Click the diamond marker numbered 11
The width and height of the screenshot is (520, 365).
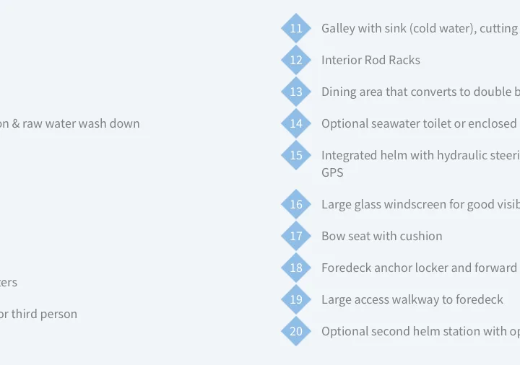click(x=296, y=28)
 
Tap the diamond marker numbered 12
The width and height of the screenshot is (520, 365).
click(x=296, y=60)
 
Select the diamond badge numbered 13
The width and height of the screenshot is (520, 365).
click(x=296, y=92)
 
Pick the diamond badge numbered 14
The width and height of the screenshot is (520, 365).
click(x=296, y=123)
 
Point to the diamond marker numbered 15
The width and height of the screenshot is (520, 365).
click(x=296, y=155)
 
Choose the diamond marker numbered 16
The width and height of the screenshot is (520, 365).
click(x=296, y=204)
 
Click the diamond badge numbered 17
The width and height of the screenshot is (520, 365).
click(x=296, y=236)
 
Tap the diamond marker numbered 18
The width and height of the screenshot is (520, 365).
click(x=296, y=268)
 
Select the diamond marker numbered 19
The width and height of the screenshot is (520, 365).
click(x=296, y=299)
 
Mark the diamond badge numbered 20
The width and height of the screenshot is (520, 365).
click(x=296, y=331)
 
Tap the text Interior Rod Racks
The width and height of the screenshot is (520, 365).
click(x=370, y=60)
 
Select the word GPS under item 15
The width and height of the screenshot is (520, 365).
click(x=332, y=172)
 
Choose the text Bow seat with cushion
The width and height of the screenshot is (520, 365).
click(x=382, y=236)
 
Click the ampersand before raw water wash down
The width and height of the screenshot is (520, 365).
click(x=16, y=123)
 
